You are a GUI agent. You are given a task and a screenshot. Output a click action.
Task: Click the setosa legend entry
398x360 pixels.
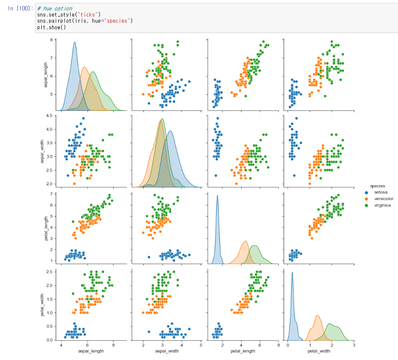(381, 192)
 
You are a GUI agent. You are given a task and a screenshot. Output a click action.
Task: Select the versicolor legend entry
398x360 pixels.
(384, 198)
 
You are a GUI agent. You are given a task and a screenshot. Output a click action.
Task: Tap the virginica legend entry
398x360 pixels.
(383, 205)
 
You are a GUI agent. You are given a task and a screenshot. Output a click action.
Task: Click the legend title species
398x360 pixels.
(377, 186)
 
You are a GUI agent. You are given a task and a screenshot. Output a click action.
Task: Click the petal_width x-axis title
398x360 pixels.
(319, 351)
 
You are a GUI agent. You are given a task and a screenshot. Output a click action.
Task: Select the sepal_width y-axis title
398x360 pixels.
(43, 151)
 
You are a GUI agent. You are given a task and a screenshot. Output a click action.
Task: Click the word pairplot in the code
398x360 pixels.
(61, 21)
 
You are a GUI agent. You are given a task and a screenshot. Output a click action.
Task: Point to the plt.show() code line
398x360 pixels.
(51, 27)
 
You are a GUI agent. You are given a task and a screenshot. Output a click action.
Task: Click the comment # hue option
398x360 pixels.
(54, 8)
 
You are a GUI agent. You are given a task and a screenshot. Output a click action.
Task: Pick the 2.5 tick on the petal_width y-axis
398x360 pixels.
(50, 272)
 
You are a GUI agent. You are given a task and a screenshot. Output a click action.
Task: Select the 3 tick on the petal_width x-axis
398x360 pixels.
(354, 345)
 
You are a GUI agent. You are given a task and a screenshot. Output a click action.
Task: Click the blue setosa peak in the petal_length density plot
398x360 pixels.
(217, 196)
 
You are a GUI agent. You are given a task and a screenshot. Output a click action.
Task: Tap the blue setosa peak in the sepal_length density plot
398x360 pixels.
(74, 42)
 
